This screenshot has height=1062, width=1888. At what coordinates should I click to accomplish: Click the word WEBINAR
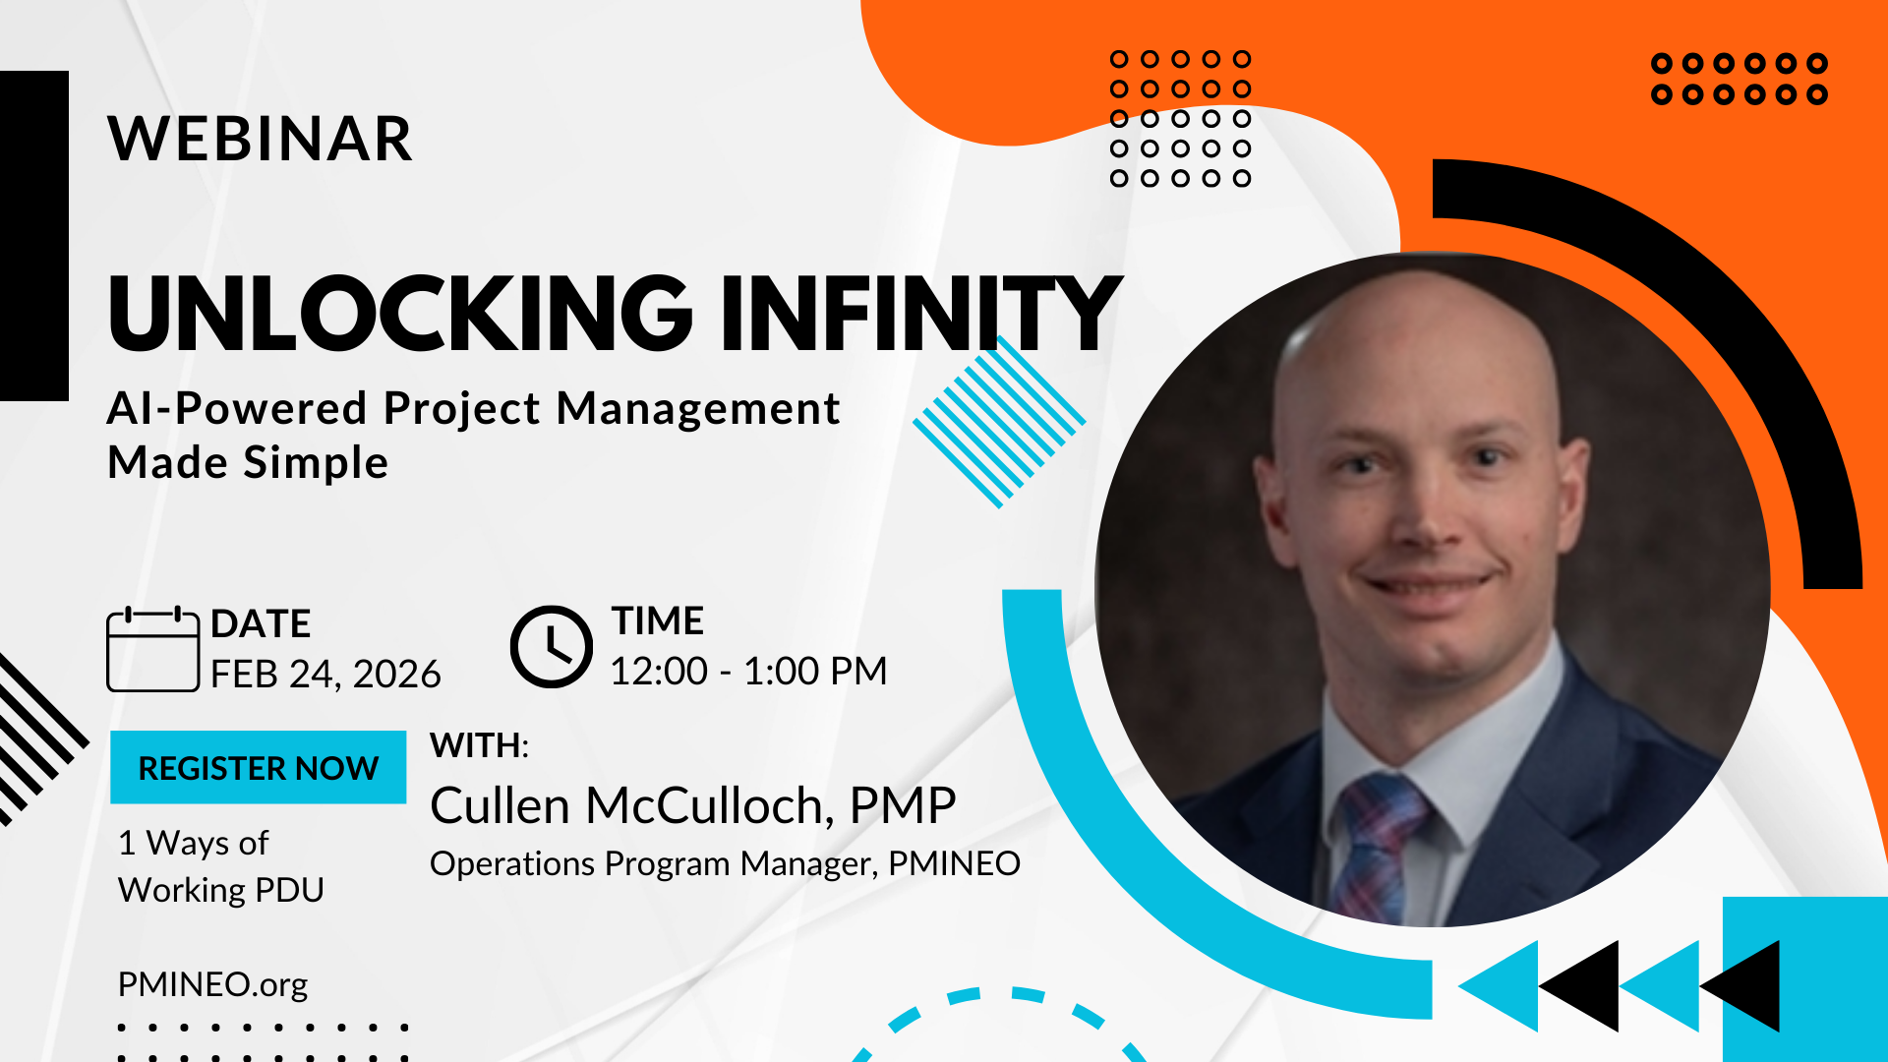point(261,139)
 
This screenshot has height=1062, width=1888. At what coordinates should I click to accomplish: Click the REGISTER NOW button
point(258,767)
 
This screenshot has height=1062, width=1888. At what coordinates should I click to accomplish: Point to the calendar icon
point(152,649)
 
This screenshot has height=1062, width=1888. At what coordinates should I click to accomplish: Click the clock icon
point(552,646)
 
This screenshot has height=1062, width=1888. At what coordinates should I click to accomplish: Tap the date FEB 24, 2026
point(325,675)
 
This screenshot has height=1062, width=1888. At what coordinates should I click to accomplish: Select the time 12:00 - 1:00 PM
point(748,672)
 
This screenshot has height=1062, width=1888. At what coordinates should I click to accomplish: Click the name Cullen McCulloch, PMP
point(693,806)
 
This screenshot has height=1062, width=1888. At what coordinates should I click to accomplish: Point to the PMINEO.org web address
point(212,984)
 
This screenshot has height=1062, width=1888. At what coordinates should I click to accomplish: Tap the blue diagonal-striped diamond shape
point(999,422)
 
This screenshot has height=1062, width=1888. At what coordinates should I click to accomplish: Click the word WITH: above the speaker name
point(480,745)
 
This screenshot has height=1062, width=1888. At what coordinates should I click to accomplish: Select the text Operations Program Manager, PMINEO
point(726,863)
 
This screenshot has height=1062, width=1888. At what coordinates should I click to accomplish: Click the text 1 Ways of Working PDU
point(221,866)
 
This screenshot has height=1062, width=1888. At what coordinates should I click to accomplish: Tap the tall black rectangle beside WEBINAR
point(34,236)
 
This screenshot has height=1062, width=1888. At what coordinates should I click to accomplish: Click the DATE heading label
point(261,624)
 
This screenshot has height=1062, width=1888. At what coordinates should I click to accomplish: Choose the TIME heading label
point(658,621)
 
